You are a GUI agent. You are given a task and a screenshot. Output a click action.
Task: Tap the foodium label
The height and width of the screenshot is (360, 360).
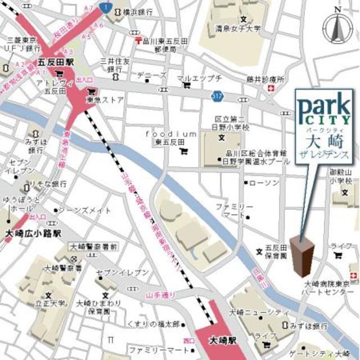point(171,134)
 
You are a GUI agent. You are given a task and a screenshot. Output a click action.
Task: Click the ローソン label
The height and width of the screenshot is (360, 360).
point(264,183)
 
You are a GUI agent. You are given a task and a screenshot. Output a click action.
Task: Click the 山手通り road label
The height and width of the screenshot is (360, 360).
point(160,295)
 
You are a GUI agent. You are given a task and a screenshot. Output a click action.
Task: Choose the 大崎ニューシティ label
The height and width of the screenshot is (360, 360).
point(253,312)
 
